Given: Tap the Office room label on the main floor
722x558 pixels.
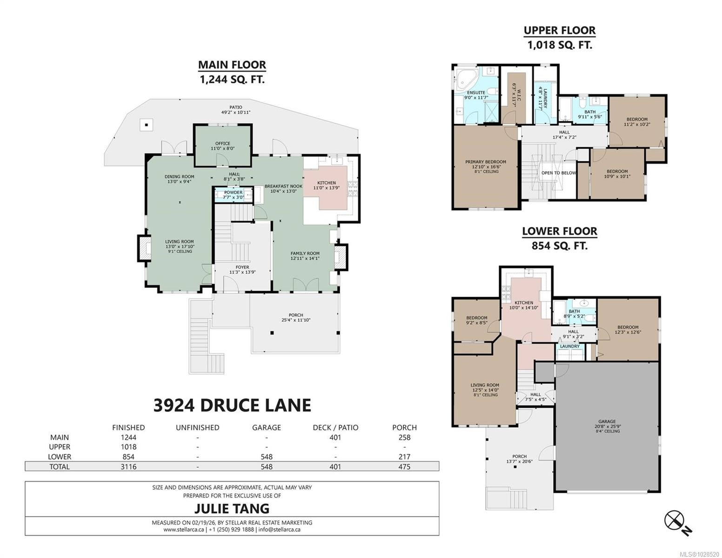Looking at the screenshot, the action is (223, 143).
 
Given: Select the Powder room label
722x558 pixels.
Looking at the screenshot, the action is (233, 192).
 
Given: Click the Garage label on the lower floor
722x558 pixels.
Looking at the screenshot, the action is (607, 421).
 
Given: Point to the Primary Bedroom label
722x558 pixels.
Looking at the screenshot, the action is (485, 162).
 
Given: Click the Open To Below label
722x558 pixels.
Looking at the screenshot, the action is (559, 173).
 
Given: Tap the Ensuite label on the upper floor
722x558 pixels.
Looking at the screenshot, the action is (476, 93).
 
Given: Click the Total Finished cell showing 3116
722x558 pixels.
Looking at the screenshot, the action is (128, 467).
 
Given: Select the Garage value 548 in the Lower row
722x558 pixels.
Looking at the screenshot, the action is (267, 457).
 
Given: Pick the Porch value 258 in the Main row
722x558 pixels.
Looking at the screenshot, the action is (404, 438).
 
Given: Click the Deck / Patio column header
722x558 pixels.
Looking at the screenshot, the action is (335, 427).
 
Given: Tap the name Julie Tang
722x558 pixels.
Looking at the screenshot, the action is (232, 508).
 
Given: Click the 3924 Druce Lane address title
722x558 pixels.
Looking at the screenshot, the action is (232, 405).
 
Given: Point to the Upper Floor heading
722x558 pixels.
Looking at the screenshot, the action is (560, 31).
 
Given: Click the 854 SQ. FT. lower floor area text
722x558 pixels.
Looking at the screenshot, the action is (560, 246).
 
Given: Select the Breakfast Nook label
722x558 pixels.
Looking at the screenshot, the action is (283, 186).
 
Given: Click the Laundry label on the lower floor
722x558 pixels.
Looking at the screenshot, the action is (569, 346).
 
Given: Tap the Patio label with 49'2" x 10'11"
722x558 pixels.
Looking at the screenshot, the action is (236, 110).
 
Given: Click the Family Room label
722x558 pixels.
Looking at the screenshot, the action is (305, 253).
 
